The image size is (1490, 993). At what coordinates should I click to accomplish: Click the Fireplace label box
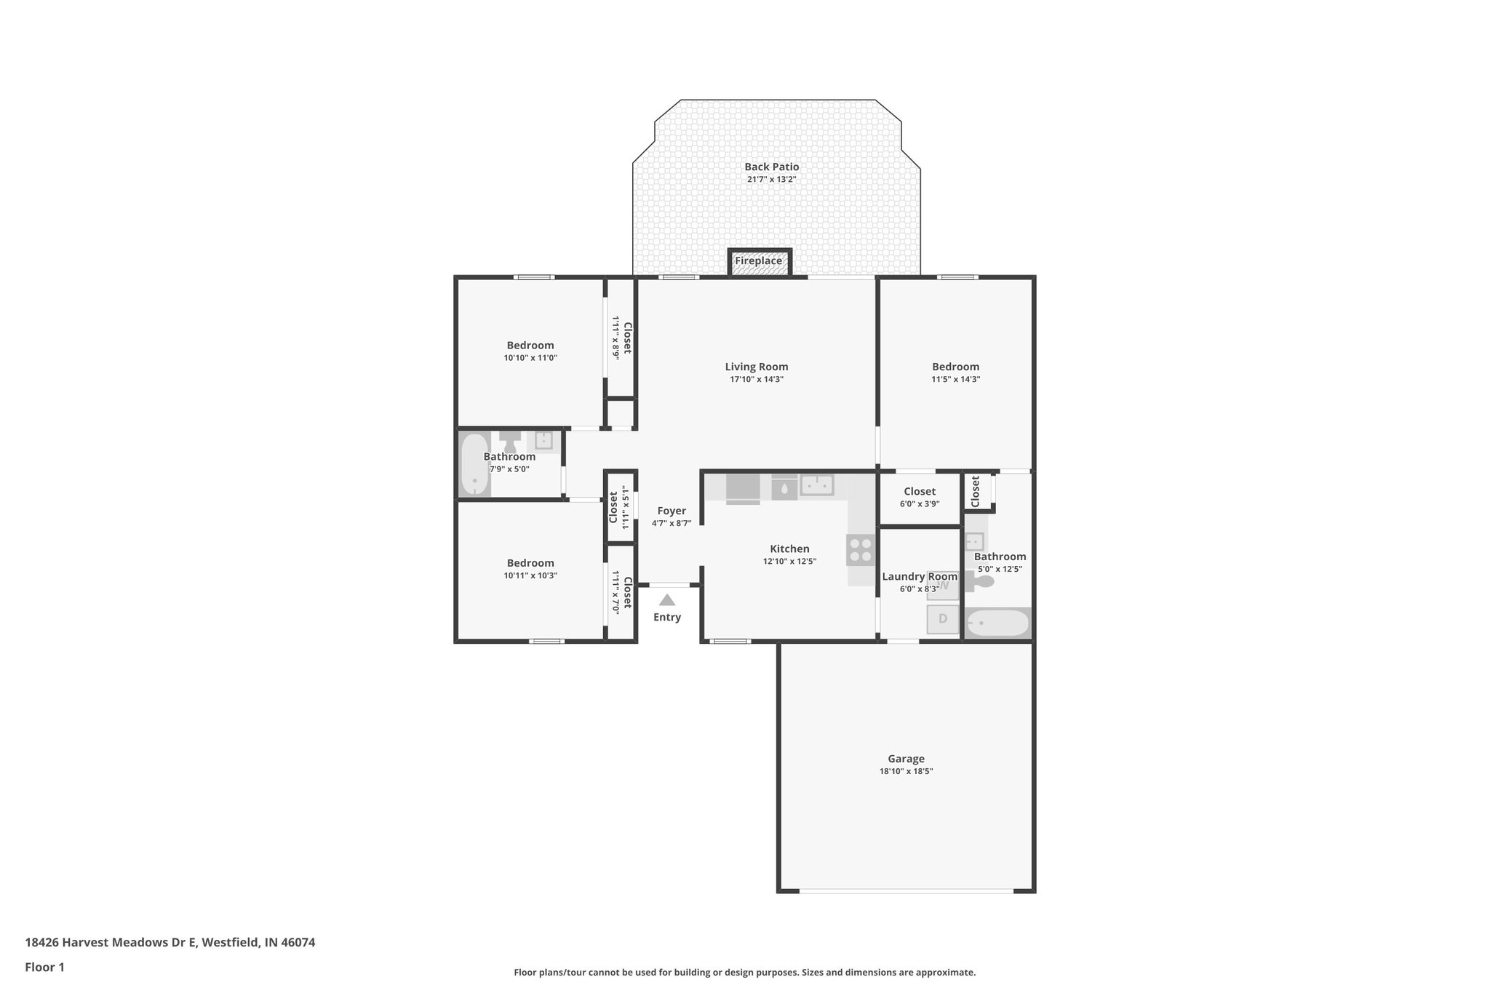coord(759,261)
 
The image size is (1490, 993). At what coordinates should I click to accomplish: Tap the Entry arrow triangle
coord(666,601)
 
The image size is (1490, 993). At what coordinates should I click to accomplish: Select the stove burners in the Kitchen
coord(860,550)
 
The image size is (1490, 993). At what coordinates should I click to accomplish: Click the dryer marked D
coord(943,619)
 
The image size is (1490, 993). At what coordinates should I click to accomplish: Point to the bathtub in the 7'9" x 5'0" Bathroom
coord(474,464)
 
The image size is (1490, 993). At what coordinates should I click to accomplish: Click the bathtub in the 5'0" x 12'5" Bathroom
coord(997,623)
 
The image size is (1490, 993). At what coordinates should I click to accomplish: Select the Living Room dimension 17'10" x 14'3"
coord(757,380)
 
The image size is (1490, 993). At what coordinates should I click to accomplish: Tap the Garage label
coord(906,759)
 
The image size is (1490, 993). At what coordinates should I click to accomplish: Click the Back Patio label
coord(771,167)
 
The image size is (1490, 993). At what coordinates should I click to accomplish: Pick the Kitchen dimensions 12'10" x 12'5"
coord(789,562)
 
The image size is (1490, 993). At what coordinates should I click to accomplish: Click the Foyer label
coord(671,511)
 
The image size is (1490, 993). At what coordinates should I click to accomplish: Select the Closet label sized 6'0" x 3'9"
coord(920,492)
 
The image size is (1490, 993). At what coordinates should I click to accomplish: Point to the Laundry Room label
coord(920,577)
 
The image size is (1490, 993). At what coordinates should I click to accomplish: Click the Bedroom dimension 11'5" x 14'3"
coord(955,380)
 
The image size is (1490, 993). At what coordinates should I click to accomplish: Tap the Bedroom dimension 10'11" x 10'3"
coord(530,576)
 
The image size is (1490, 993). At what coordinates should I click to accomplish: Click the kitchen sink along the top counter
coord(816,485)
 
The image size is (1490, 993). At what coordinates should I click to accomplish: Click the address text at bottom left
coord(170,943)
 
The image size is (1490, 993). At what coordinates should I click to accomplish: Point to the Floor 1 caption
coord(45,968)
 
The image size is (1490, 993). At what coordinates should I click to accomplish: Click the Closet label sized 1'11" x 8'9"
coord(627,338)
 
